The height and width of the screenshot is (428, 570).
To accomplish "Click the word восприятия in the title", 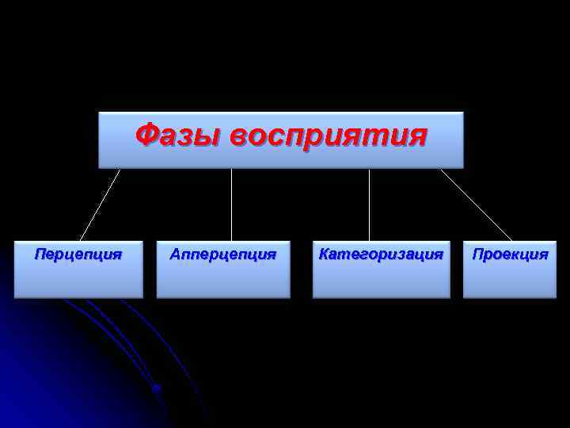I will pos(329,136).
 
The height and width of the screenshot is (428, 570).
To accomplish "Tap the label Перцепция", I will pos(78,254).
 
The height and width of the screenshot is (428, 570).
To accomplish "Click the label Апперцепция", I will pos(223,254).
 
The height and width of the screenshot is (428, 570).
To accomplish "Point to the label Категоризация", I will pos(381,254).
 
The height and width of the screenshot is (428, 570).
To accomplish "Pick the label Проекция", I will pos(511,254).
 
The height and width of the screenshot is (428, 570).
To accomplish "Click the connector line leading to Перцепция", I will pos(100,204).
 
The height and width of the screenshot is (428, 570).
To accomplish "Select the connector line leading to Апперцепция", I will pos(231,204).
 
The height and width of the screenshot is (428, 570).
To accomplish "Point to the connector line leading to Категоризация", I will pos(369,204).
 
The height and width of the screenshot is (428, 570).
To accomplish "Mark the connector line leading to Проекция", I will pos(476,204).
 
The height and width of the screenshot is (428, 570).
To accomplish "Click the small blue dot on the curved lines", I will pos(157,388).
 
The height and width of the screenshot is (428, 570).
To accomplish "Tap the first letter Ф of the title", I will pos(146,135).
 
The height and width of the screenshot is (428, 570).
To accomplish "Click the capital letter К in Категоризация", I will pos(323,254).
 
